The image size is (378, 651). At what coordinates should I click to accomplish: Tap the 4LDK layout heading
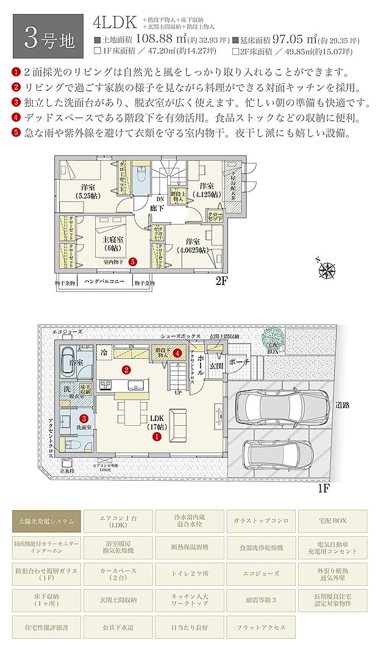tap(114, 23)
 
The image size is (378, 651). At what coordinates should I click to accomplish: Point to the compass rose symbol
tap(329, 268)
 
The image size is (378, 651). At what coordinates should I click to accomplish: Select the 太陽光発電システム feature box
tap(46, 521)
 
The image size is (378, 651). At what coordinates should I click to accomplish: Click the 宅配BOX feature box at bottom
tap(332, 521)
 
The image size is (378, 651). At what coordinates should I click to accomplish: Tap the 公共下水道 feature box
tap(118, 627)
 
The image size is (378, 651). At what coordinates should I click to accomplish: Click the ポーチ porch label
tap(240, 362)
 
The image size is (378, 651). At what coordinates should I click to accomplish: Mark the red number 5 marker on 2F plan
tap(133, 261)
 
